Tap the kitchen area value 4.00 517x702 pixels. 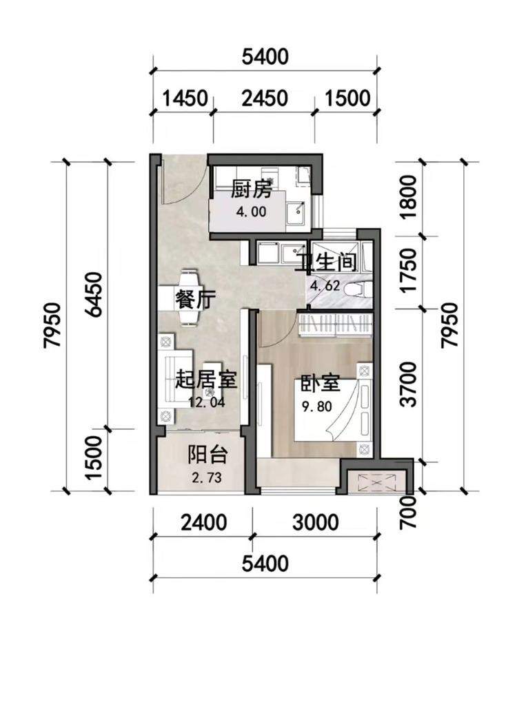[x=252, y=211]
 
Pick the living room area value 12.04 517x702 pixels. [x=207, y=402]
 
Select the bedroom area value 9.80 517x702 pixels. [x=317, y=406]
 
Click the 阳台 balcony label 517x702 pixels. [x=207, y=456]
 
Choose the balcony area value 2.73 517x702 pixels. [x=207, y=477]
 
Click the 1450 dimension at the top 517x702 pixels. [x=185, y=98]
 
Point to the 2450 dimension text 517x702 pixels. [x=264, y=98]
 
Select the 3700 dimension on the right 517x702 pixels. [x=408, y=384]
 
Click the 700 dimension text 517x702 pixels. [x=409, y=510]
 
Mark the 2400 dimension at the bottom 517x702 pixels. [x=204, y=522]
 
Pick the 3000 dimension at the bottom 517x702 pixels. [x=316, y=522]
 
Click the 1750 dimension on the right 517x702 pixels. [x=408, y=271]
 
